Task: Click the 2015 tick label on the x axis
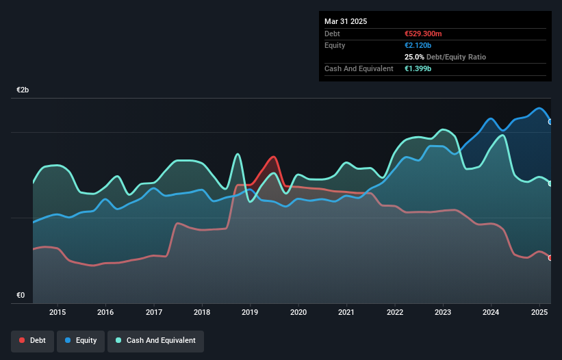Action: pos(58,313)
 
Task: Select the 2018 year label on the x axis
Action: pos(202,313)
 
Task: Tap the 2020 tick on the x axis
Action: pos(298,313)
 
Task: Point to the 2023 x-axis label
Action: pos(443,313)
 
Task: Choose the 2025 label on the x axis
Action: pos(539,313)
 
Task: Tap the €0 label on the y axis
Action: pos(21,296)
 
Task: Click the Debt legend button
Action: pos(33,340)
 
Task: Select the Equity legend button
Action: pos(81,340)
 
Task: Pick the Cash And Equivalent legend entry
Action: pos(156,340)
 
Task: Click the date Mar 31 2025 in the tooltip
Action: pos(346,21)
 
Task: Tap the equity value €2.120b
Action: pos(419,45)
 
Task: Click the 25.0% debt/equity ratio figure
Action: pos(416,57)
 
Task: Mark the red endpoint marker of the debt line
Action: pos(550,258)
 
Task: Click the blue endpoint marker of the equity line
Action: pos(550,121)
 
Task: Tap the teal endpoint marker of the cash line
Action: pos(550,183)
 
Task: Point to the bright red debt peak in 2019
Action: pos(273,157)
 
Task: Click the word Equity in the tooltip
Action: pos(335,45)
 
